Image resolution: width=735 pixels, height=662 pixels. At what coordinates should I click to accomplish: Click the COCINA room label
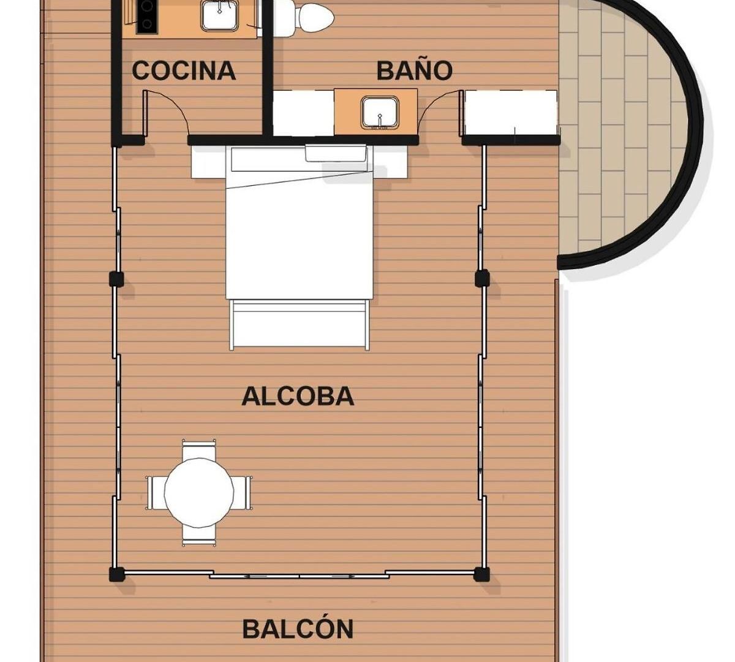(184, 70)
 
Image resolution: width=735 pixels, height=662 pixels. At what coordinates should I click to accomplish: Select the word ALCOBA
(298, 397)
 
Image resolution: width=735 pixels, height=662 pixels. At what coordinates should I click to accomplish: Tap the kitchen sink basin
(219, 15)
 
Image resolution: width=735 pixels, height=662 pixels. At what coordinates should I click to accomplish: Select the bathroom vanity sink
(380, 113)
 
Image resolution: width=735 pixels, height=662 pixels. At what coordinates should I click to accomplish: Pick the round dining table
(199, 493)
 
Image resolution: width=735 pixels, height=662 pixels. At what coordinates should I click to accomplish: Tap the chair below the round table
(199, 536)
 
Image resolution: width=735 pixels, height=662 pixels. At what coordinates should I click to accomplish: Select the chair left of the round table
(156, 493)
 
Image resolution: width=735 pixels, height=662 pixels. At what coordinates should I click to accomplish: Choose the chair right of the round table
(242, 493)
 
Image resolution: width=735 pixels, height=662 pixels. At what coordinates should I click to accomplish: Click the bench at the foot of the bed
(300, 325)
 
